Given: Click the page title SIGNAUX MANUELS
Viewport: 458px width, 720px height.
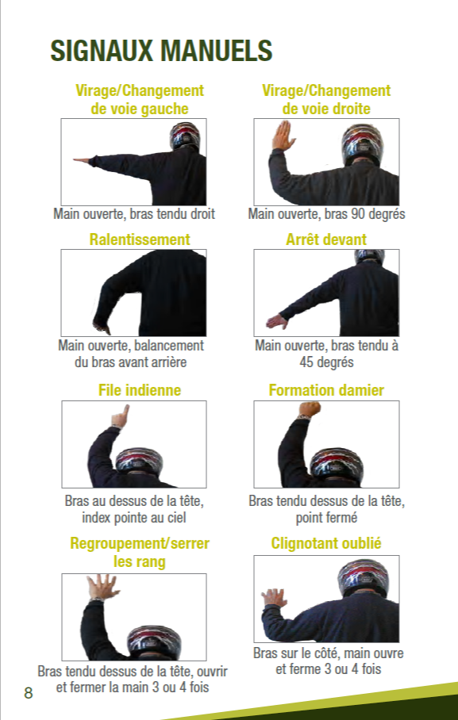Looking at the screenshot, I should click(161, 51).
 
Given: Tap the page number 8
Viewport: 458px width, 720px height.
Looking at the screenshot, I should click(29, 693).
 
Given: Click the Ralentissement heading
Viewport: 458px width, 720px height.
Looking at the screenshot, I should click(139, 239).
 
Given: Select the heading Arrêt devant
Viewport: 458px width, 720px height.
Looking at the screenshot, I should click(326, 239).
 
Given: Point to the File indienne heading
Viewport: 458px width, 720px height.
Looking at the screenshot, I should click(139, 390).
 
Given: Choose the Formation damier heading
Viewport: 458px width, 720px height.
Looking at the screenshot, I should click(326, 390).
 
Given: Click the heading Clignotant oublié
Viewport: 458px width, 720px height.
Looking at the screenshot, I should click(326, 543).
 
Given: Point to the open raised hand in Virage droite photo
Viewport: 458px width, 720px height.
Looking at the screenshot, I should click(283, 136).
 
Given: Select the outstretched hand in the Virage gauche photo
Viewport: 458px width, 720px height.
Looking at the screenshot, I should click(83, 161).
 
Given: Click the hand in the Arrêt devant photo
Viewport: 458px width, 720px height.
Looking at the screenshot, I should click(276, 322).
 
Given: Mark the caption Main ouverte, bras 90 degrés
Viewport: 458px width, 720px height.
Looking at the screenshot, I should click(326, 214).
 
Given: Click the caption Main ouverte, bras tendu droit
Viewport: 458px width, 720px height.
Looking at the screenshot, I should click(134, 214).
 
